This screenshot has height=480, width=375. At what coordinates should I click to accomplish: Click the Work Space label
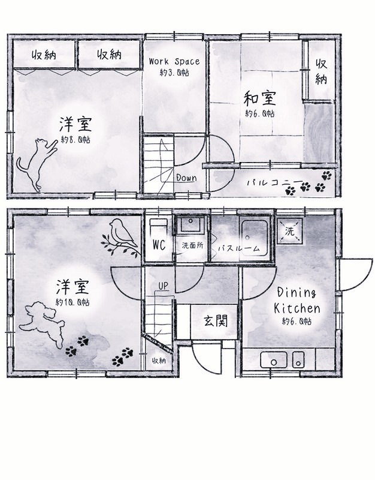174,61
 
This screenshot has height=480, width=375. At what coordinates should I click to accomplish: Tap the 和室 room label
260,97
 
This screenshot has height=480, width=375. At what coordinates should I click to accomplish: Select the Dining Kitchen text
297,301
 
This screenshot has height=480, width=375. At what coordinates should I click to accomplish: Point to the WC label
159,245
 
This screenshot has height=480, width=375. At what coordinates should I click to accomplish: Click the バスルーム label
238,247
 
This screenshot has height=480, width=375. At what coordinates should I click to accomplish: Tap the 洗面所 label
192,246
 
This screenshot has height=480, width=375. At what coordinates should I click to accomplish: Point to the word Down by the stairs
186,178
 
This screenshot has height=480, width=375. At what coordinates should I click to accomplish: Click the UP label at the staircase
162,286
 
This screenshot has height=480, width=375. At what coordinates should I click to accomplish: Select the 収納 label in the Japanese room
322,71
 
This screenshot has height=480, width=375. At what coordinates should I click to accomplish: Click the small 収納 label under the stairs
158,361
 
